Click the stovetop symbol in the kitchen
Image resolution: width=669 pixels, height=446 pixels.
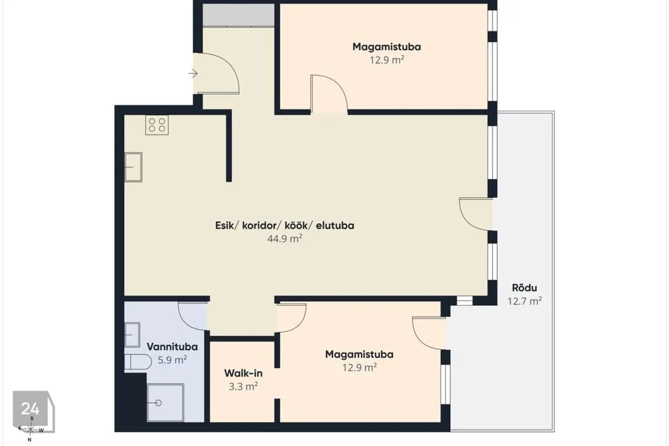[157, 125]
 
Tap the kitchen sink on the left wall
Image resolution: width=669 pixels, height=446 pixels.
[133, 167]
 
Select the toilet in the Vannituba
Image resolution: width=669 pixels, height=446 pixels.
[138, 362]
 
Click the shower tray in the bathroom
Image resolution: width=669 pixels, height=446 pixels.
[166, 403]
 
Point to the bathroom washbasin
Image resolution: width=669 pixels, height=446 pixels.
[132, 334]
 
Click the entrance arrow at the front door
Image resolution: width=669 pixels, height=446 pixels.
[193, 73]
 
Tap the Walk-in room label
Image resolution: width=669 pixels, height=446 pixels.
[243, 373]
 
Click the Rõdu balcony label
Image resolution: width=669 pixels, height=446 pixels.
[524, 288]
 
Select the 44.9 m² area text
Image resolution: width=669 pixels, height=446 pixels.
[284, 238]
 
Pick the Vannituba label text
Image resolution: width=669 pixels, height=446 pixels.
[172, 346]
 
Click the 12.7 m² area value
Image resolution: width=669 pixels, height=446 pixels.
[524, 301]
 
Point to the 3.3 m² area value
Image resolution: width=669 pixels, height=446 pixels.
[243, 386]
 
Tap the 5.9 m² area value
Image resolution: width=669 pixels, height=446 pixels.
[172, 360]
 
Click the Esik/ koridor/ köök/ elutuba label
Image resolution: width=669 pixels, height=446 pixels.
[284, 225]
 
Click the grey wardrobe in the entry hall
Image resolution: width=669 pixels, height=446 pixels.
[238, 15]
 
